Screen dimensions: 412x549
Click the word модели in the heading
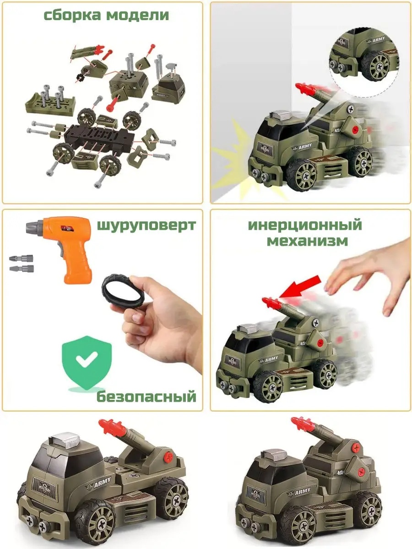click(x=138, y=16)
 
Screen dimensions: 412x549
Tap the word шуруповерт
click(x=146, y=226)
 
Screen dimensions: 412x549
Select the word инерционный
click(x=305, y=225)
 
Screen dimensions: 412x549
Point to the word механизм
click(x=308, y=241)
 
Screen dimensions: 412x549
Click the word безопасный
click(x=146, y=397)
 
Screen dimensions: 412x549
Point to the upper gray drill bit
click(x=21, y=258)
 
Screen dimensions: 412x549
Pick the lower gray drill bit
click(x=22, y=269)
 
